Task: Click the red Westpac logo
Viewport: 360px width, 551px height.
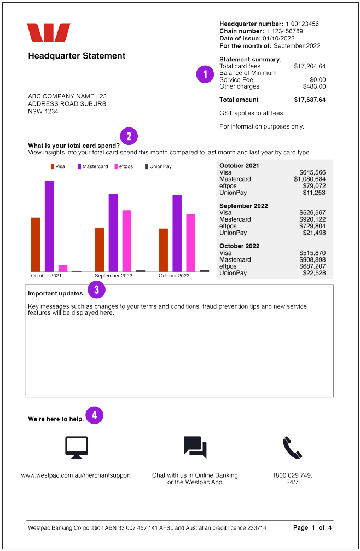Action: [x=49, y=33]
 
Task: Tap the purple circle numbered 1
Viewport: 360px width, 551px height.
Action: [x=205, y=74]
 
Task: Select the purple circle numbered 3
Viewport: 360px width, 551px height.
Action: [x=96, y=289]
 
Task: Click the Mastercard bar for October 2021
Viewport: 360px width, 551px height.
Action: [x=49, y=225]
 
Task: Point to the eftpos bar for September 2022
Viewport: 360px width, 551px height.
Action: [x=127, y=241]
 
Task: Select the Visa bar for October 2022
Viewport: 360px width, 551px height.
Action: [x=163, y=250]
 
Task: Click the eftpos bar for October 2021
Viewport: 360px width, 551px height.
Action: [x=63, y=268]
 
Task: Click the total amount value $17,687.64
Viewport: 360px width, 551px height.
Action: [x=310, y=100]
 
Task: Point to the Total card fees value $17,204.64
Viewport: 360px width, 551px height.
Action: [x=310, y=66]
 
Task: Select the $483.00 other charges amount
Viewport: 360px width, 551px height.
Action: [x=314, y=86]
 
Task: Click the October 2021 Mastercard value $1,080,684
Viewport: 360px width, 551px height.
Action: [x=310, y=179]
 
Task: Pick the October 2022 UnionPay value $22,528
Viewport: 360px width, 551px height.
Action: [x=314, y=273]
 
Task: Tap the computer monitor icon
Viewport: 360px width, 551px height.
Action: [x=76, y=448]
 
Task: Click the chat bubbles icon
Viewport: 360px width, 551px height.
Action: [x=195, y=448]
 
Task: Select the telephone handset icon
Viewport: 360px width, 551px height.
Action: [x=292, y=448]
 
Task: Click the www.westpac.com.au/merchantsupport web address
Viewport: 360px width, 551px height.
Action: [x=76, y=475]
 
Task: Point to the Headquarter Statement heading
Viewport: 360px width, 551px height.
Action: [x=77, y=56]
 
